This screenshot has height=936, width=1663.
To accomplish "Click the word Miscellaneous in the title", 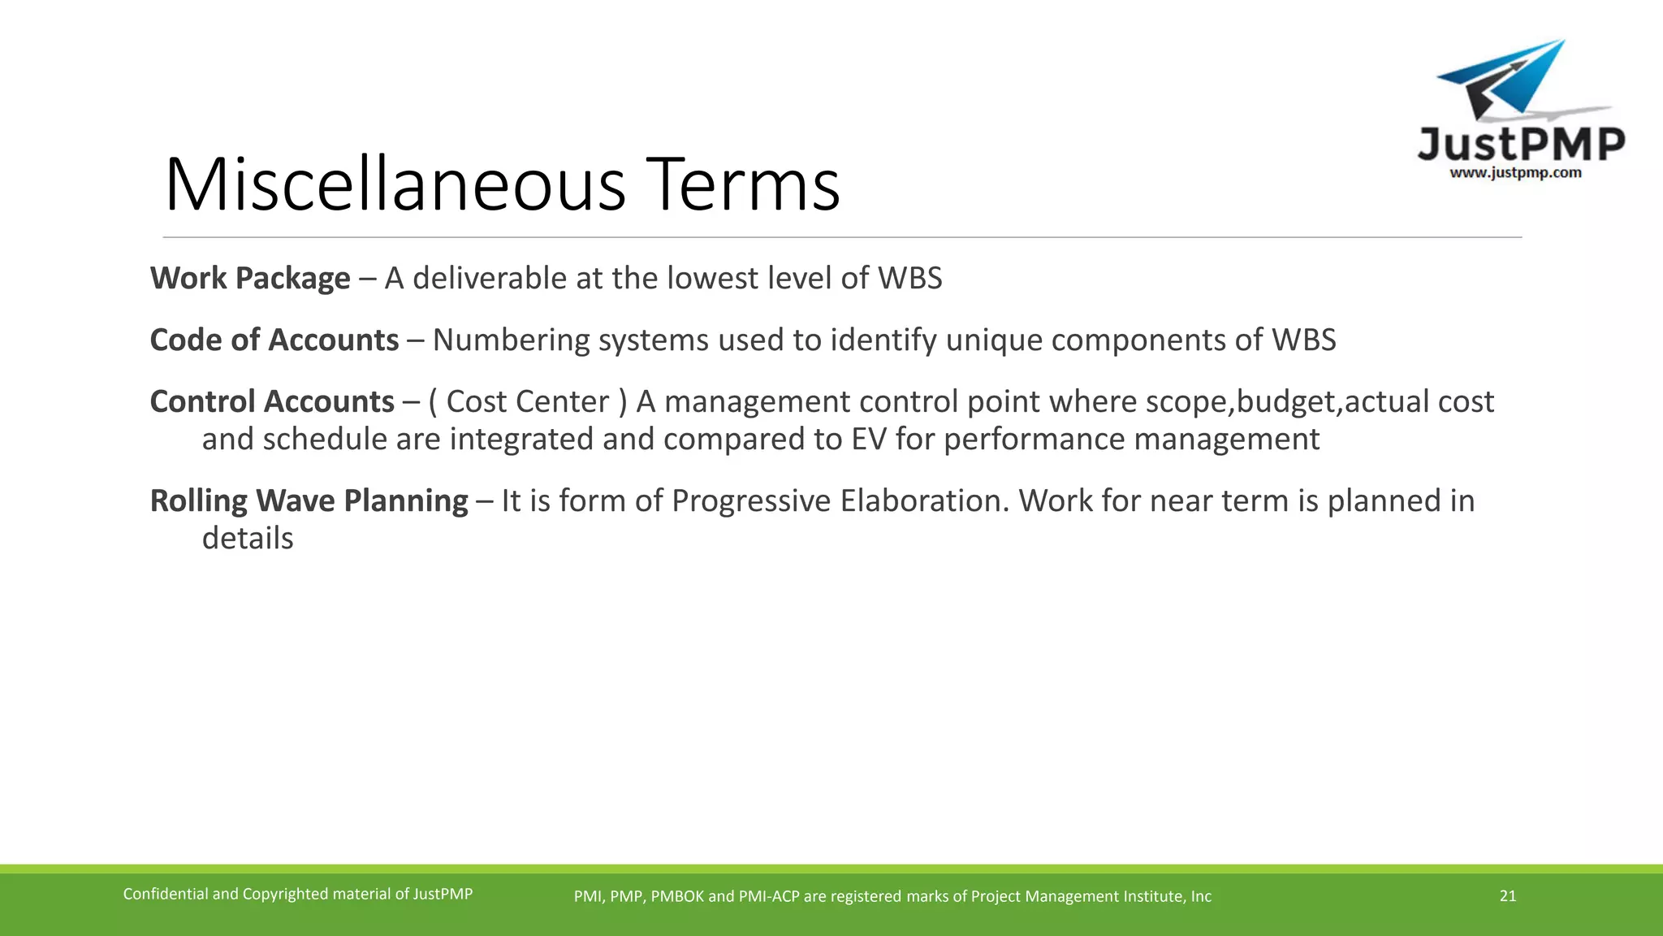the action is [395, 185].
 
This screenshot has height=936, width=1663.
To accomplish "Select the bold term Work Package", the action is [250, 279].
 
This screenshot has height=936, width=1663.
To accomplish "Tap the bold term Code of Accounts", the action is [274, 340].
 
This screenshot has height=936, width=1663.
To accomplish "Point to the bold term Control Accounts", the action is [272, 402].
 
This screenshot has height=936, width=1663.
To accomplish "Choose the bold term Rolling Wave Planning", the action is [309, 501].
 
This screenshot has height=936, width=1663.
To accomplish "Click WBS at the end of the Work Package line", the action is [909, 279].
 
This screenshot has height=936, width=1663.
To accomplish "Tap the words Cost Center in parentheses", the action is [528, 402].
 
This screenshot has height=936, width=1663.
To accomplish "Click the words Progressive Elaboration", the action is [840, 501].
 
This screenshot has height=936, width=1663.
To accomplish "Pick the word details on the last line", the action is [248, 539].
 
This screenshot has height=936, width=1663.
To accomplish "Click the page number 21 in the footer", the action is [1507, 896].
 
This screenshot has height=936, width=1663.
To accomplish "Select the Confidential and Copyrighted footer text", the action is [297, 895].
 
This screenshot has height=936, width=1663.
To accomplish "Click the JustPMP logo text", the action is [1520, 145].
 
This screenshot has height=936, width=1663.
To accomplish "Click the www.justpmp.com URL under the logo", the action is [1515, 173].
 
